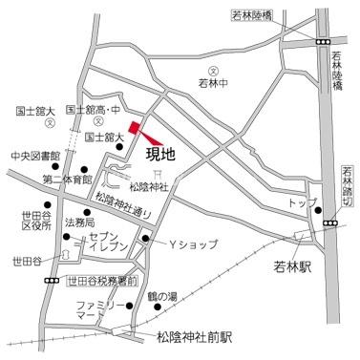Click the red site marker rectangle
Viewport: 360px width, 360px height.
[x=136, y=127]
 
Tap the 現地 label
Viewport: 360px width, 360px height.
[x=159, y=150]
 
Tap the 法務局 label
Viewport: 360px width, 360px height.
[x=79, y=222]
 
